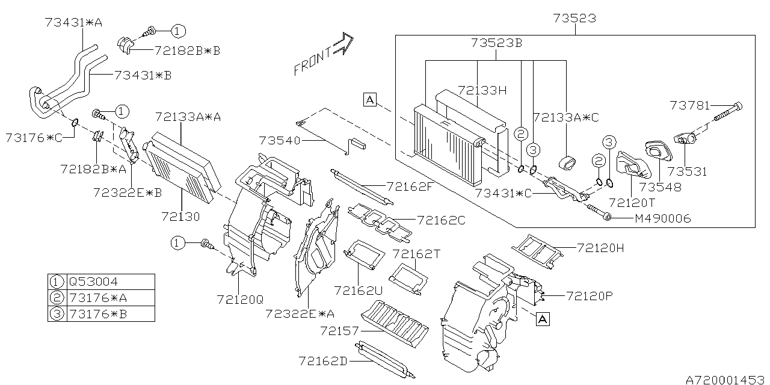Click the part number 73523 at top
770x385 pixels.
575,18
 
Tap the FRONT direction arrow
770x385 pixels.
323,55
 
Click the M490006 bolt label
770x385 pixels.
662,219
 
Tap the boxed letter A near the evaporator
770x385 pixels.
369,100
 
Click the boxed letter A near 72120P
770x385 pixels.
542,319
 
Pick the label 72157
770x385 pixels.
339,331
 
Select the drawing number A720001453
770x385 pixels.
725,379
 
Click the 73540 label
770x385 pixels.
279,140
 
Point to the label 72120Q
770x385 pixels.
241,298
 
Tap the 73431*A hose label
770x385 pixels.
73,22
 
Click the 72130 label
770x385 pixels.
180,215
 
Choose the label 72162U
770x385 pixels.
359,291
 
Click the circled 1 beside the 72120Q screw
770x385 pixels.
176,242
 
